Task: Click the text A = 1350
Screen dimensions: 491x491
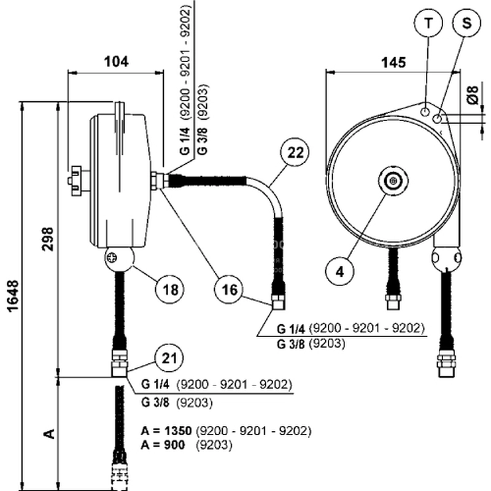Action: [166, 430]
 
